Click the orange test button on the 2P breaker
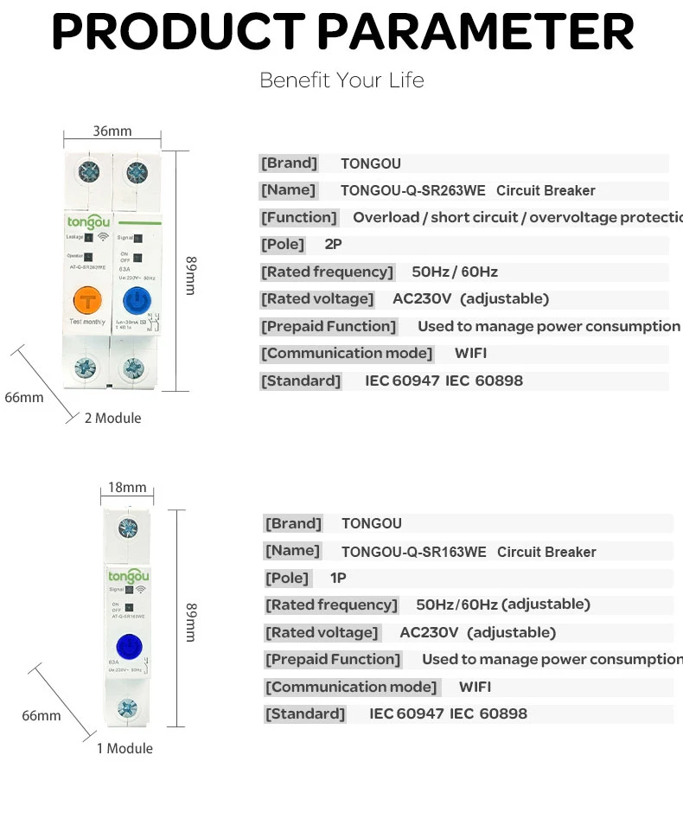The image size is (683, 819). click(87, 300)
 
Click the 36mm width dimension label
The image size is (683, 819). click(112, 131)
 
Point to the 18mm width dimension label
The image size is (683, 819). click(127, 488)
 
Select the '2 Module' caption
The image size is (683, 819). click(112, 418)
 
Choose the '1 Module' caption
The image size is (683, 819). click(124, 748)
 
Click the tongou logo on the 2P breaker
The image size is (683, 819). click(86, 221)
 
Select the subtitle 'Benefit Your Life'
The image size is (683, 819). click(341, 80)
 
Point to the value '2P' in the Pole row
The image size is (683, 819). click(334, 245)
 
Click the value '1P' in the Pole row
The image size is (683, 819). click(338, 578)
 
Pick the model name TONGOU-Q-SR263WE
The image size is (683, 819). click(412, 190)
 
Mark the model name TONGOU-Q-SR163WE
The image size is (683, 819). click(413, 552)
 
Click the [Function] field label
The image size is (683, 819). click(299, 217)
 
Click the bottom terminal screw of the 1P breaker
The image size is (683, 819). click(127, 708)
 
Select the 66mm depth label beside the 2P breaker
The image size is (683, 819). click(24, 398)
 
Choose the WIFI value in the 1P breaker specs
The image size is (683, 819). click(475, 687)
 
